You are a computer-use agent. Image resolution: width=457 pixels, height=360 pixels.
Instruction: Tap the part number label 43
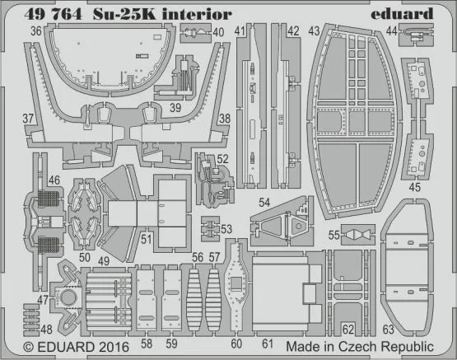(315, 30)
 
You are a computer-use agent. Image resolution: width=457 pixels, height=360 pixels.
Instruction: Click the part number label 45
(414, 186)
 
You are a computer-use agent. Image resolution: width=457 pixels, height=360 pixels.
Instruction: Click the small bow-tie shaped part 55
(354, 236)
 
